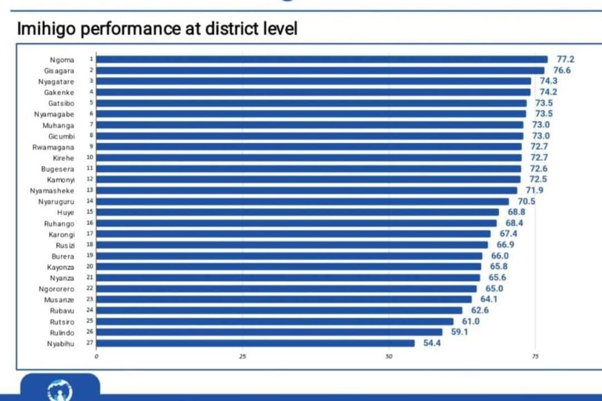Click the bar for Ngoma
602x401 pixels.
click(x=321, y=59)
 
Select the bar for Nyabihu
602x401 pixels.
click(x=255, y=343)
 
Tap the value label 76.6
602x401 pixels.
click(x=561, y=71)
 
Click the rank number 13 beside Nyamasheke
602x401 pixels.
click(x=90, y=189)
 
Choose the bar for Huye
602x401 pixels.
click(x=298, y=212)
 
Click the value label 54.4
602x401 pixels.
click(x=432, y=343)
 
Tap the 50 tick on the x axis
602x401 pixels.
click(x=389, y=357)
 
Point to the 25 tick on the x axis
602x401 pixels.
click(x=242, y=357)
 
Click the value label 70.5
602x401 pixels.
click(x=526, y=201)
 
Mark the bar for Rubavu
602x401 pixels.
click(x=279, y=310)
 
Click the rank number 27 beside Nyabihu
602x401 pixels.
click(x=90, y=343)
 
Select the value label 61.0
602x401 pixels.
click(x=471, y=321)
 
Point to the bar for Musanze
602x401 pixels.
click(x=284, y=299)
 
